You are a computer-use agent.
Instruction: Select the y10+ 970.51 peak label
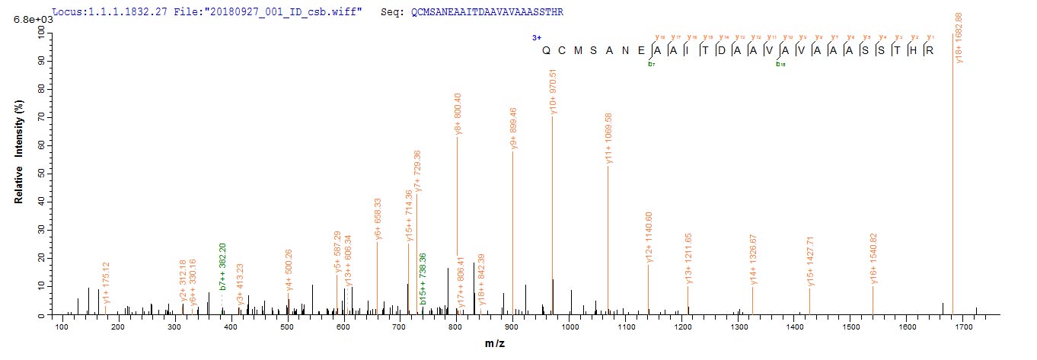[x=554, y=91]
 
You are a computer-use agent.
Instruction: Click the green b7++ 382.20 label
[x=222, y=266]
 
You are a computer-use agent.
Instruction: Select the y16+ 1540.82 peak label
[x=873, y=257]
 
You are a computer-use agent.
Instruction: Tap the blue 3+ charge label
[x=536, y=37]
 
